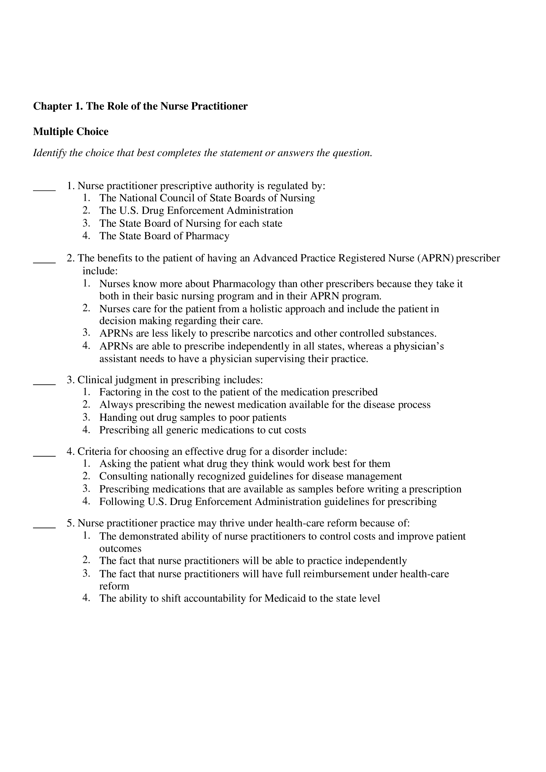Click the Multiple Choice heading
(71, 131)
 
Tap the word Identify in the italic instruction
(50, 153)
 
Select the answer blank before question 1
(44, 189)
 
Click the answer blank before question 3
(44, 383)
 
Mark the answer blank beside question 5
(44, 526)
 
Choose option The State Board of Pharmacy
(164, 236)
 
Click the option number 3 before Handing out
(86, 417)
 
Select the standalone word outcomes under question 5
(120, 549)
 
